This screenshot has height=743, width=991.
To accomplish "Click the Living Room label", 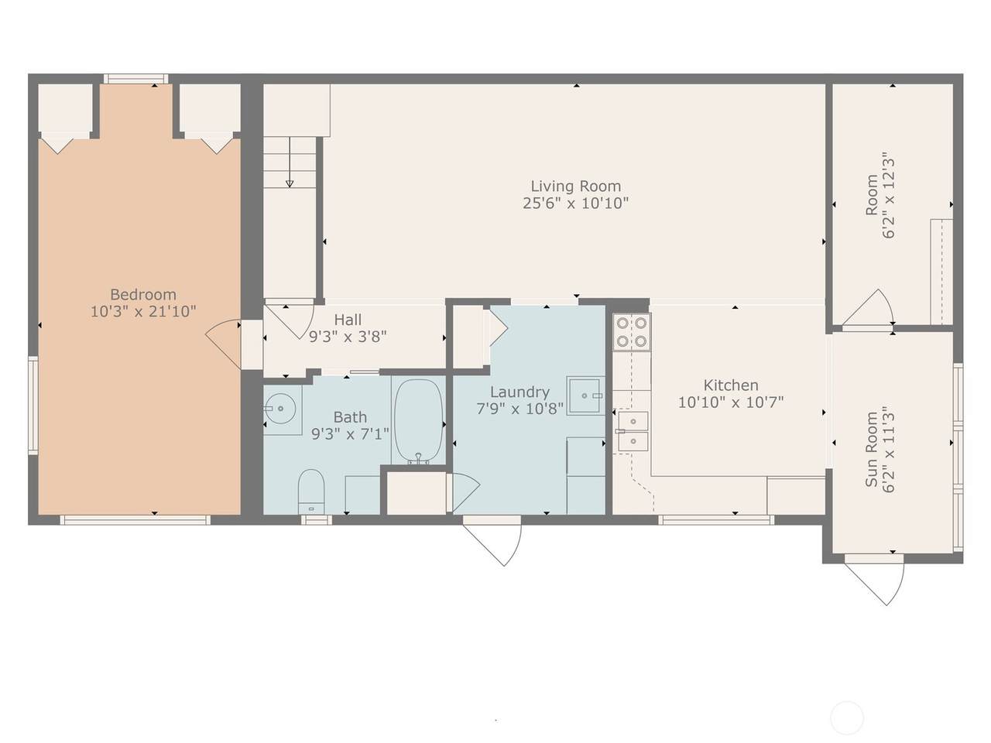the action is point(576,187).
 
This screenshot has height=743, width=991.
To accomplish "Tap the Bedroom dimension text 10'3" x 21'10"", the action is point(143,311).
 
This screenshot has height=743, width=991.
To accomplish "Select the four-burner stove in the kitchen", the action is point(632,332).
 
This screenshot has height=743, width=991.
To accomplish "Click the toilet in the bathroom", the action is point(311,491).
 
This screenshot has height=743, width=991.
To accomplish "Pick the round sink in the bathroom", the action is point(280,409).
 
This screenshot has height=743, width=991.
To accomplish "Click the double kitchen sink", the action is point(633,431).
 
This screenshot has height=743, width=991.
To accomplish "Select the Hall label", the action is point(348,320).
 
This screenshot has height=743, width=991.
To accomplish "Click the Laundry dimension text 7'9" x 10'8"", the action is point(520,409).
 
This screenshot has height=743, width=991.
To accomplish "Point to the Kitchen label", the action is point(731,385).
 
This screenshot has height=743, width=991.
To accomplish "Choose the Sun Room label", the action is point(871,450).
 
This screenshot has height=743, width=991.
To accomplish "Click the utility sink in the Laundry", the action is point(585,395).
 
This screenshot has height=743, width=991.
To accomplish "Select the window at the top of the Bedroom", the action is point(136,79).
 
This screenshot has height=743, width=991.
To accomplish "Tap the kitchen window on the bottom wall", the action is point(716,519).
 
